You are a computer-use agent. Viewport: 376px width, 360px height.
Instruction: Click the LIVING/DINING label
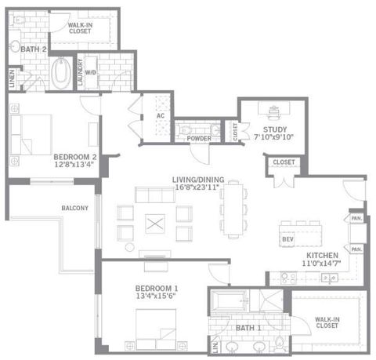pyautogui.click(x=196, y=180)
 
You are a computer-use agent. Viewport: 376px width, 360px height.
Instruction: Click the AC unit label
pyautogui.click(x=160, y=116)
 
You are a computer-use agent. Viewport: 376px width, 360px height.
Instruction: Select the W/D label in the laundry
pyautogui.click(x=91, y=72)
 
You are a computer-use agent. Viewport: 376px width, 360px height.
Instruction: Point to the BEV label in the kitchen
pyautogui.click(x=287, y=238)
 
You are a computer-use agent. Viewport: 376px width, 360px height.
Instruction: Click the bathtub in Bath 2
pyautogui.click(x=59, y=76)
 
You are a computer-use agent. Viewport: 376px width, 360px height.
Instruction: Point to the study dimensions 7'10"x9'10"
pyautogui.click(x=273, y=138)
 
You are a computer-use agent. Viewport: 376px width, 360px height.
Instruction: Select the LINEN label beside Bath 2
pyautogui.click(x=12, y=77)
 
